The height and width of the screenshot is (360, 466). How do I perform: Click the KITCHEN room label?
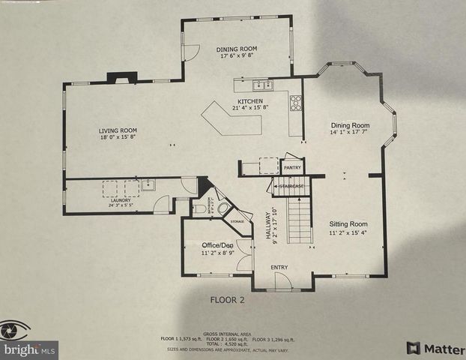[x=249, y=102]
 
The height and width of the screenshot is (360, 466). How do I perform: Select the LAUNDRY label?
[x=121, y=200]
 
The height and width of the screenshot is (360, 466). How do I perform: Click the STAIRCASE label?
[x=290, y=186]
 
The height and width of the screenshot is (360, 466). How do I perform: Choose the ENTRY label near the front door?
[x=280, y=268]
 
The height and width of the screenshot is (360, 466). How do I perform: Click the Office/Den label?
[x=217, y=246]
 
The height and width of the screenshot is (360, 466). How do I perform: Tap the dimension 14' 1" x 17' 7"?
[x=351, y=133]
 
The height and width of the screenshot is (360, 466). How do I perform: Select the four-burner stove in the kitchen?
[x=296, y=103]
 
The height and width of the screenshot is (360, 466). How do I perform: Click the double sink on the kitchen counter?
[x=256, y=85]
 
